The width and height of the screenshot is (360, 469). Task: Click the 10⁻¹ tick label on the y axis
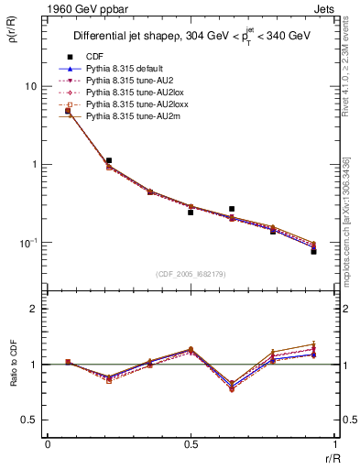(x=27, y=242)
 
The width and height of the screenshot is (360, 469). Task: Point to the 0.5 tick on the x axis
(x=191, y=445)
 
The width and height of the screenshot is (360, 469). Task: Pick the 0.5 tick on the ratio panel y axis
(x=31, y=420)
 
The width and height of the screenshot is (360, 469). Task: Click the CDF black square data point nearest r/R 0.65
(x=232, y=209)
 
